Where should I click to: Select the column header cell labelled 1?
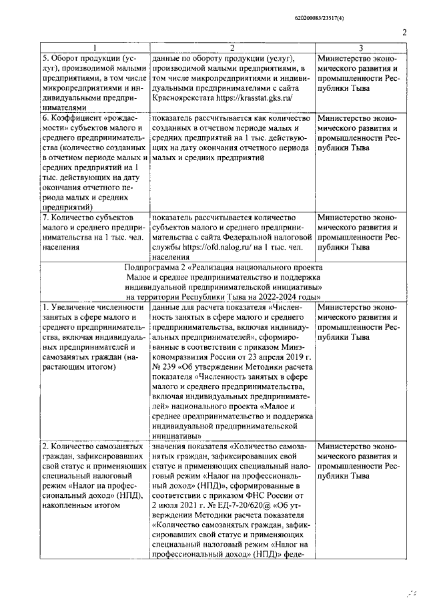point(94,48)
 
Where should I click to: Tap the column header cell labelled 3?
point(361,48)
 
